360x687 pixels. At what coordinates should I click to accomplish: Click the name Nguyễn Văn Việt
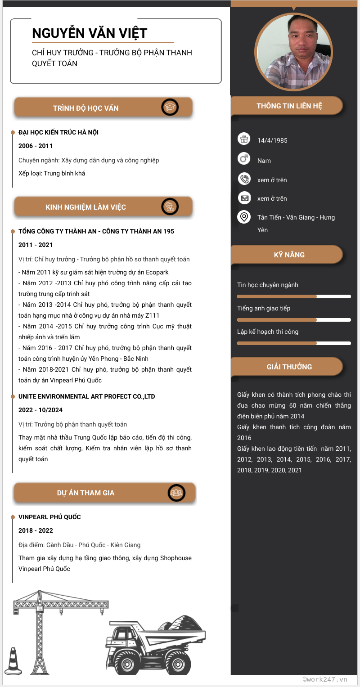pos(90,33)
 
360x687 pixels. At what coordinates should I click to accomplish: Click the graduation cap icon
pos(170,108)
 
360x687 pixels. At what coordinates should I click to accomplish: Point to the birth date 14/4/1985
pos(272,140)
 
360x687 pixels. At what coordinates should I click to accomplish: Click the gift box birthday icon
pos(243,139)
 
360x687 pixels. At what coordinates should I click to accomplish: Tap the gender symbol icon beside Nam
pos(243,159)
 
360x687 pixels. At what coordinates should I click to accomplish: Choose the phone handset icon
pos(243,179)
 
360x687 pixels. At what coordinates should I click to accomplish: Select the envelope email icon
pos(243,198)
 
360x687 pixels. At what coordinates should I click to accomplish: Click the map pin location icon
pos(243,217)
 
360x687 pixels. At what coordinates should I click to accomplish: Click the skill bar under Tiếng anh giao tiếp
pos(294,320)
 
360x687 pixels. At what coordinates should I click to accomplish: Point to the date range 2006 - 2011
pos(36,146)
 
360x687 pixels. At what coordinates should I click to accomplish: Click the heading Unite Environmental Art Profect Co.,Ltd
pos(87,396)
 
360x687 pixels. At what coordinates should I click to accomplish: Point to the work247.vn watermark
pos(325,679)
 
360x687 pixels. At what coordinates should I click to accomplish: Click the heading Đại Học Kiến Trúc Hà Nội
pos(58,132)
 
